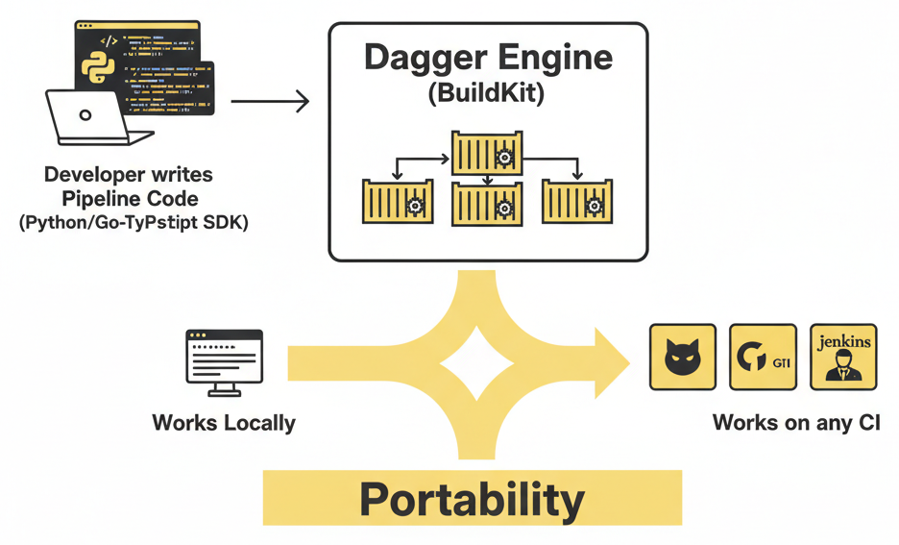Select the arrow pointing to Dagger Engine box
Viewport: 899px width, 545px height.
pyautogui.click(x=271, y=100)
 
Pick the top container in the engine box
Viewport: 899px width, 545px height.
pyautogui.click(x=488, y=154)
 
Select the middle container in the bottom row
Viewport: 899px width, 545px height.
pyautogui.click(x=487, y=203)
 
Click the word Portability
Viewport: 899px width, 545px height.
pyautogui.click(x=472, y=500)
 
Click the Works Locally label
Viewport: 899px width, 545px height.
pyautogui.click(x=224, y=423)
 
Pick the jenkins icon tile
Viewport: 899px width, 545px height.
pyautogui.click(x=843, y=357)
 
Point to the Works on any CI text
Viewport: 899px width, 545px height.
pyautogui.click(x=796, y=423)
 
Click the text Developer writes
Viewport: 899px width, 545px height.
pyautogui.click(x=129, y=175)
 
